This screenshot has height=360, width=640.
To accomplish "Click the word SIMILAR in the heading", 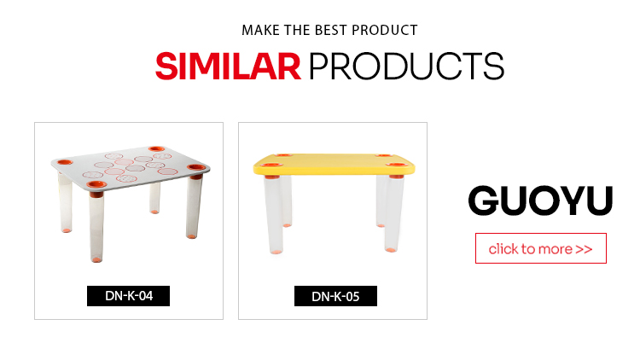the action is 228,67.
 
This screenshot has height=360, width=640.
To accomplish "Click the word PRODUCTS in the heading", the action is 406,67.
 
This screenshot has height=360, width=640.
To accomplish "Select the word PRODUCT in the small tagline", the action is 385,30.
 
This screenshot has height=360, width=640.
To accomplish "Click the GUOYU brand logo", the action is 540,200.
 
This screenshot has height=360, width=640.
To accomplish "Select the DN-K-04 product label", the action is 129,296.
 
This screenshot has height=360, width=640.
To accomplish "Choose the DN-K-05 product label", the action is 335,296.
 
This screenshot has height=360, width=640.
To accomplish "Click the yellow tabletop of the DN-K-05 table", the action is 334,164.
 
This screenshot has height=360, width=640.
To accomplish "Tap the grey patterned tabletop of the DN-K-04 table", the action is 130,167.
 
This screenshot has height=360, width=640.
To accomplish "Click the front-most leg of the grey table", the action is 96,226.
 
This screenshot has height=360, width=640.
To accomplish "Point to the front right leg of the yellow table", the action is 393,213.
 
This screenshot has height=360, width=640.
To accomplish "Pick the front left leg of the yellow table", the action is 273,215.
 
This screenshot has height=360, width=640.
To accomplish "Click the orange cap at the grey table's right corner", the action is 196,167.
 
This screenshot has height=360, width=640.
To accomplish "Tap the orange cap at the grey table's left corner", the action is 65,162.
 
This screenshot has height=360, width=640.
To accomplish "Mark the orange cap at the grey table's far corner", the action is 156,148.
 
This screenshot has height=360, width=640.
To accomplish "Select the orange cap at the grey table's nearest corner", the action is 96,184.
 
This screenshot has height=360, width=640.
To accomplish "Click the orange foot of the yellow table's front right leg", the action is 391,249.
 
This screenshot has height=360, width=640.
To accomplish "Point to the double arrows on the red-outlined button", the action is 584,249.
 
